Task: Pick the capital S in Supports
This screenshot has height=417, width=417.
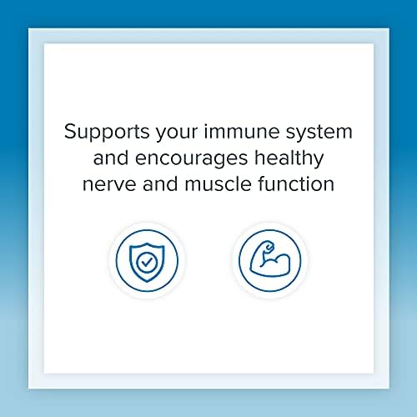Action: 70,132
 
